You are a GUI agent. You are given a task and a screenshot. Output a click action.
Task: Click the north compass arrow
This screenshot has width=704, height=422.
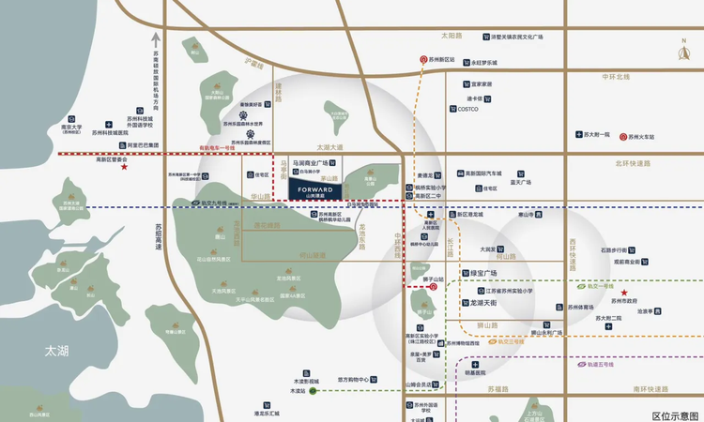pos(683,53)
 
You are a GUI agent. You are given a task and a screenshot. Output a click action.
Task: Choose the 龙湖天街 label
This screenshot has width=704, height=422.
pos(488,303)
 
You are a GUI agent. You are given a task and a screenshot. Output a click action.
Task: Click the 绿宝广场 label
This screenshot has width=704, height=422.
pos(488,274)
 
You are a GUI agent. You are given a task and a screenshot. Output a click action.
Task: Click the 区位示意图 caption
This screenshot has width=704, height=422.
pos(676,414)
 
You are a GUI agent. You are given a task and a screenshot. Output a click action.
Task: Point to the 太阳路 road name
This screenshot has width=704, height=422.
pos(452,36)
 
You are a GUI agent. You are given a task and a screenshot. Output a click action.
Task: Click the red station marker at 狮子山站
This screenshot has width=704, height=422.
pos(433,288)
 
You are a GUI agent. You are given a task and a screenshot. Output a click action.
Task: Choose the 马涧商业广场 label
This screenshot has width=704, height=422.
pos(316,162)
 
